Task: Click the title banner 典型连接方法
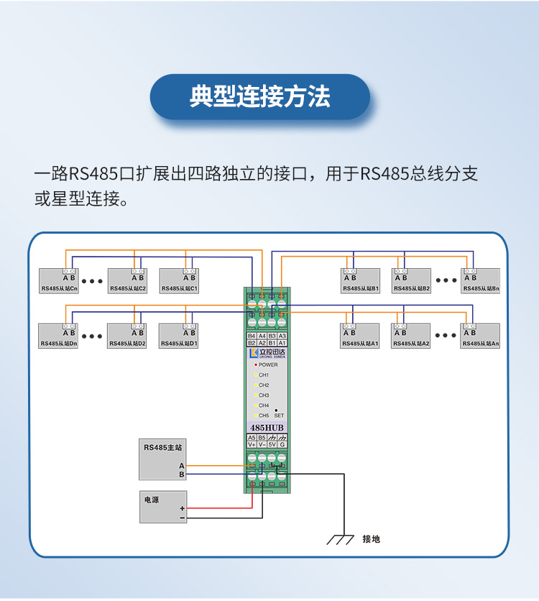[259, 97]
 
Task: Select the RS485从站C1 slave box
[180, 281]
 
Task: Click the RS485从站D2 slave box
[127, 336]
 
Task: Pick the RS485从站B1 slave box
[360, 281]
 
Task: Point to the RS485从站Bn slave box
[480, 281]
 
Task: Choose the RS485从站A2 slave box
[411, 336]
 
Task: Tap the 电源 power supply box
[163, 507]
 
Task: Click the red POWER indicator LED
[255, 365]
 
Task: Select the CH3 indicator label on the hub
[264, 395]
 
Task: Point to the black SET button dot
[277, 410]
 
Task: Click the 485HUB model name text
[267, 428]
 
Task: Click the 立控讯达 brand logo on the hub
[267, 353]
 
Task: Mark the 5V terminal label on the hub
[272, 444]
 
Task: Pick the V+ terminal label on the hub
[252, 444]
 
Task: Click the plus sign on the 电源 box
[183, 508]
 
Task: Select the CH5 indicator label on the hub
[264, 416]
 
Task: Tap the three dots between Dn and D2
[93, 336]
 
